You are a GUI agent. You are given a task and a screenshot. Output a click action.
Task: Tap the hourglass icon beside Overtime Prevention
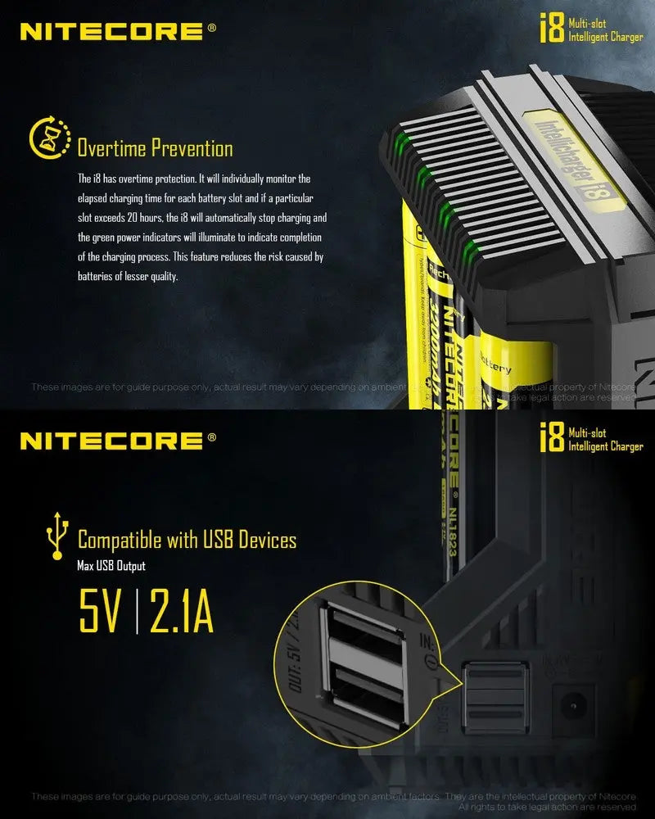(x=47, y=138)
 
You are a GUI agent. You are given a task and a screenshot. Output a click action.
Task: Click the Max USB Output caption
(x=111, y=566)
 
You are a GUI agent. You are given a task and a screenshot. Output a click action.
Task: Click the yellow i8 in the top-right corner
(x=551, y=30)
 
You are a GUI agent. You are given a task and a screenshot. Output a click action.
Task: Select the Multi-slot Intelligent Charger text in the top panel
(x=605, y=30)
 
